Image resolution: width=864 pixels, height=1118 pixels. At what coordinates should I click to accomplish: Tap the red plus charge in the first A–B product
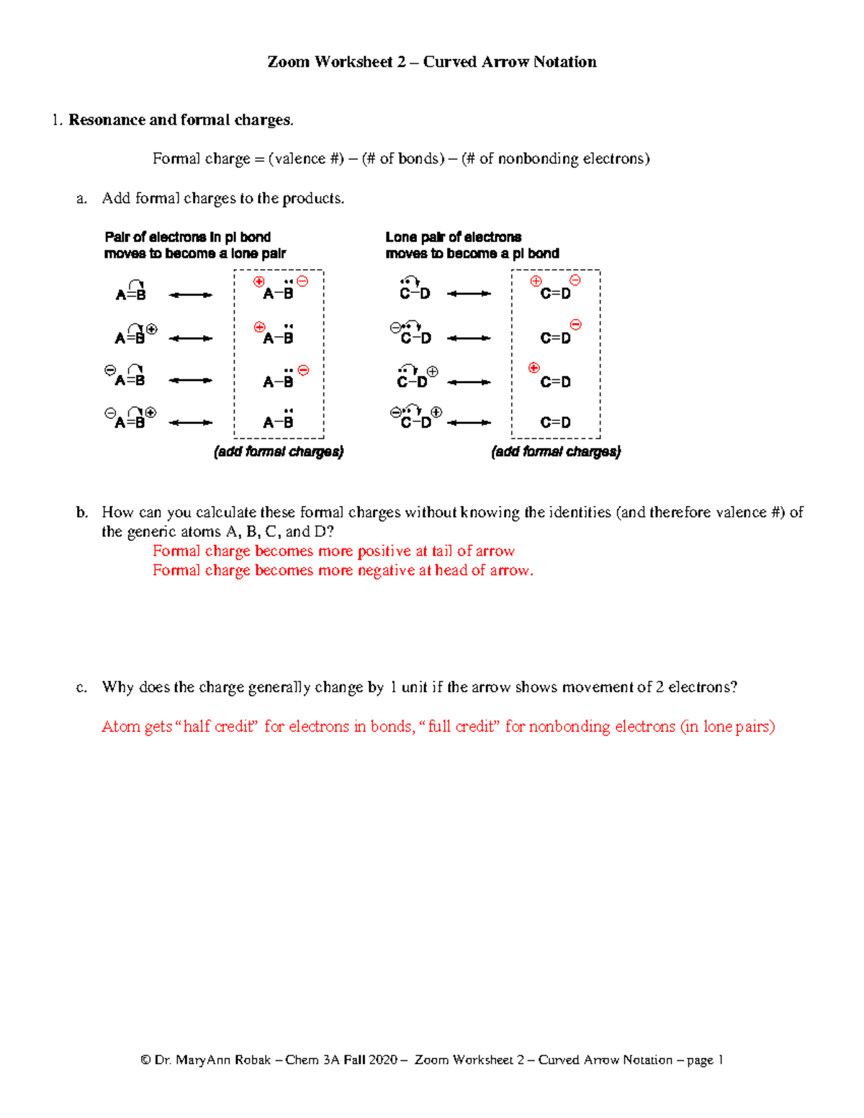click(x=259, y=281)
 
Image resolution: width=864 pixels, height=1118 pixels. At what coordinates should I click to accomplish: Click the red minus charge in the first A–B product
click(x=302, y=281)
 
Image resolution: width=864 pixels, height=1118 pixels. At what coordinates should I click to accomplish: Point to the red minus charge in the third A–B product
click(x=303, y=370)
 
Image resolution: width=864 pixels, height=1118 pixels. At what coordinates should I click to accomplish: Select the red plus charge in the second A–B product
click(x=260, y=327)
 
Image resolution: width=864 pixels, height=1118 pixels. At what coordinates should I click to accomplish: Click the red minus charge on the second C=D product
click(x=575, y=325)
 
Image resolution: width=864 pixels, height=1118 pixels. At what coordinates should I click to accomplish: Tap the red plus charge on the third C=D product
click(x=534, y=368)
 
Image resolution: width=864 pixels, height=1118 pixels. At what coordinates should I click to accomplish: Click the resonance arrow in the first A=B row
click(x=190, y=294)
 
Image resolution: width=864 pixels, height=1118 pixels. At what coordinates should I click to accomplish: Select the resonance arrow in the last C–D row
click(x=469, y=423)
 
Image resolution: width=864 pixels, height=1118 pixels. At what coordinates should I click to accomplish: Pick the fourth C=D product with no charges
click(x=555, y=423)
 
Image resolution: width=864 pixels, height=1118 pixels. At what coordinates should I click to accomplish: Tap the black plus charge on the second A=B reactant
click(x=151, y=329)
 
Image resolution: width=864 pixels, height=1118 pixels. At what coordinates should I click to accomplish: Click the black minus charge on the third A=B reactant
click(x=109, y=370)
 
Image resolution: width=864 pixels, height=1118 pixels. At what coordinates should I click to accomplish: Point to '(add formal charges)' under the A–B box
click(x=279, y=451)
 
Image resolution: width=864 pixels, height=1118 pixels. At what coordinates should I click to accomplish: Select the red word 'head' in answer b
click(x=450, y=571)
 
